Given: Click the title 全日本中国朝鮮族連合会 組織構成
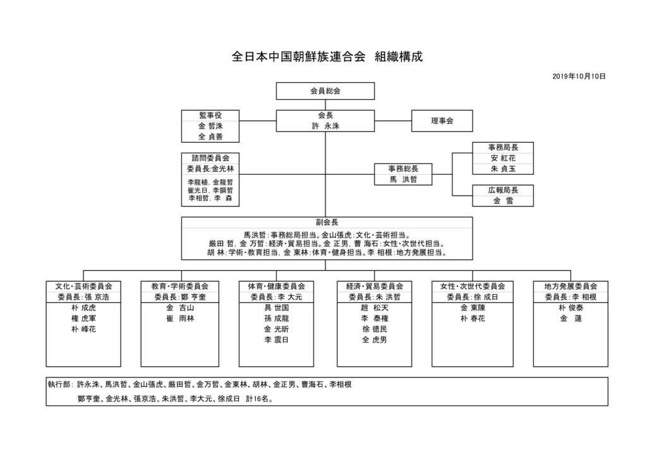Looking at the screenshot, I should (x=327, y=56).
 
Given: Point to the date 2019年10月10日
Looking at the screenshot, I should (x=579, y=76).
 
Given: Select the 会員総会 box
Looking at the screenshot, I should (x=325, y=91).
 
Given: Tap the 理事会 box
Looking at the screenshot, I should (x=442, y=120).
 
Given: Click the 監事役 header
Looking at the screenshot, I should (x=210, y=115).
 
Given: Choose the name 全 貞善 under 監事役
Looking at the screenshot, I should (x=210, y=136).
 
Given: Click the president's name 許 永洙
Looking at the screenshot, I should (x=325, y=126).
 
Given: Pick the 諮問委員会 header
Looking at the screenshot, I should (x=210, y=158).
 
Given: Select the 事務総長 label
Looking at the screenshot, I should (x=402, y=169).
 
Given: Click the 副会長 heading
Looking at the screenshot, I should (x=325, y=222).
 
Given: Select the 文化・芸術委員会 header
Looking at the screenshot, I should (x=84, y=286).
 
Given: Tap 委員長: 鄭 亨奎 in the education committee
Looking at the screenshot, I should (x=180, y=297).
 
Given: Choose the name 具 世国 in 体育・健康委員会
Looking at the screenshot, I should (x=277, y=308).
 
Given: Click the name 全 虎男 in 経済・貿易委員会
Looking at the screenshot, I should (x=374, y=340).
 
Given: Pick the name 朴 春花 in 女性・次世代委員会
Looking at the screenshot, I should (x=472, y=319).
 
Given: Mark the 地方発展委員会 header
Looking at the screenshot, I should (x=570, y=286).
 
